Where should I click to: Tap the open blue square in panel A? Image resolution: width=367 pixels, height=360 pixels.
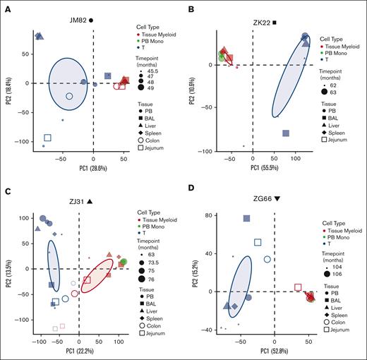click(x=47, y=138)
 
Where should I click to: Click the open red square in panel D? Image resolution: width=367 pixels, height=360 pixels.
click(x=298, y=287)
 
